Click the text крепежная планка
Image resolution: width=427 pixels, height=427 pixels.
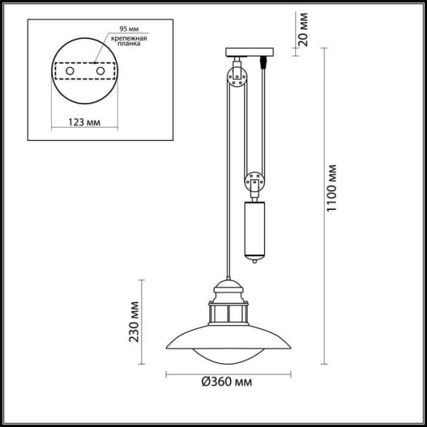(x=129, y=42)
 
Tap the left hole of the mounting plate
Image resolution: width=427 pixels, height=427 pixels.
(x=70, y=71)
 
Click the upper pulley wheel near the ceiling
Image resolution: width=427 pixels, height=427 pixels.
(x=236, y=76)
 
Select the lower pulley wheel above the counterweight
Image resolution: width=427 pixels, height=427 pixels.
(x=254, y=182)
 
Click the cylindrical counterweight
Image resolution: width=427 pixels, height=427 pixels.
(x=254, y=229)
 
